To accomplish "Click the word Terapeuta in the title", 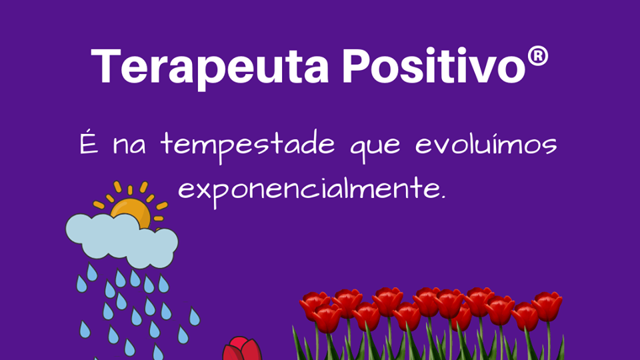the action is point(210,67).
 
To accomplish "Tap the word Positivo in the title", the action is point(434,65).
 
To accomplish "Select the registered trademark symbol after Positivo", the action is point(537,56).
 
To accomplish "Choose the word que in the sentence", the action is point(375,147).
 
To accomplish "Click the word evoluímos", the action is point(486,143).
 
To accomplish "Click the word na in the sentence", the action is point(129,146).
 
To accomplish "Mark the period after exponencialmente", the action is point(443,197).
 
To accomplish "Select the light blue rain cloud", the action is point(122,241).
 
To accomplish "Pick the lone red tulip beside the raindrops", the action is point(243,349).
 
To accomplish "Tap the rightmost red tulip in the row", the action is point(547,306).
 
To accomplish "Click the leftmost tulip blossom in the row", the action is point(313,304).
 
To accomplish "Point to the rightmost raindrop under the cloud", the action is point(195,317).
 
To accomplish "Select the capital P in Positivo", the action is point(357,66).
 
